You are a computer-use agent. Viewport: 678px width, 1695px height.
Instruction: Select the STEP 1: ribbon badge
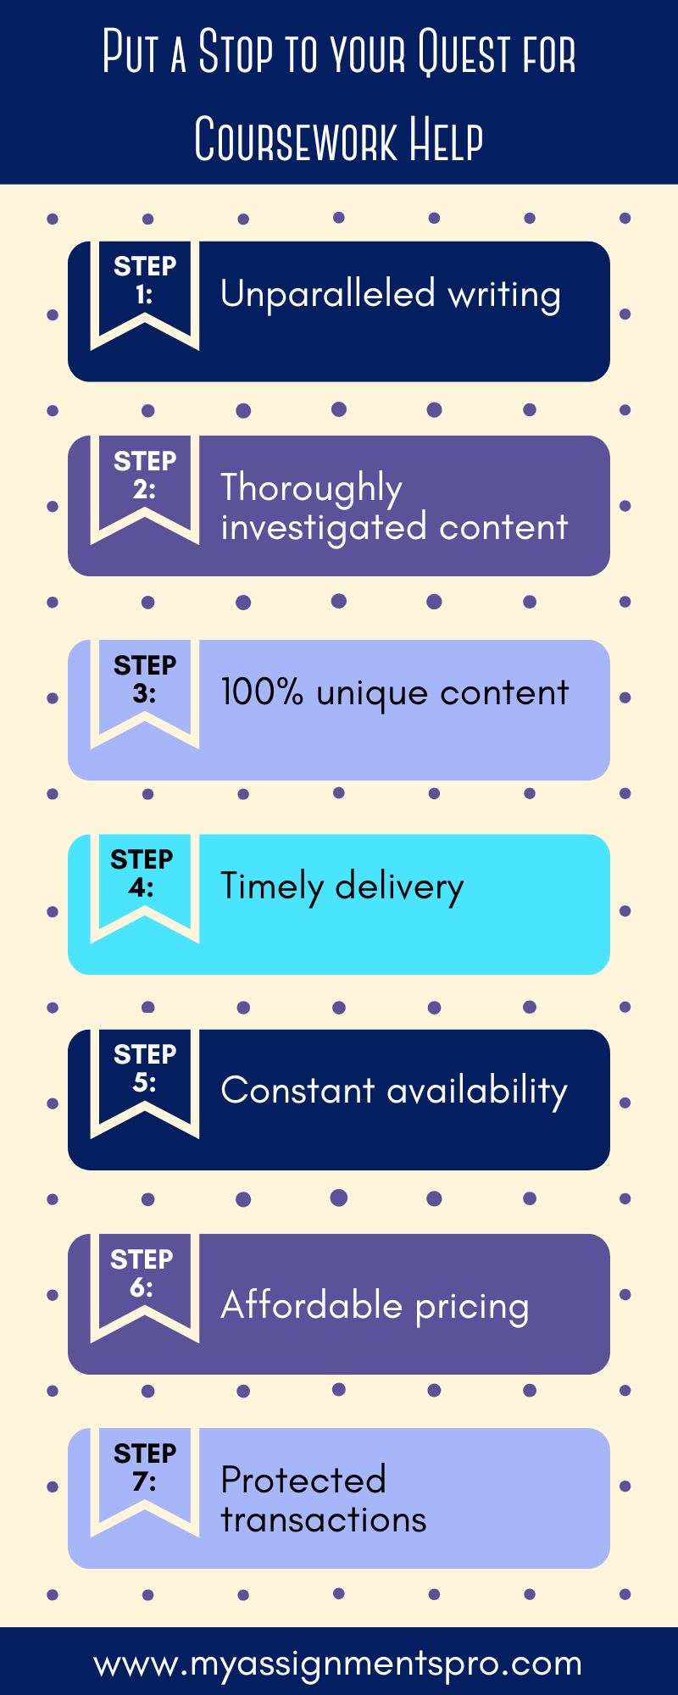click(x=145, y=288)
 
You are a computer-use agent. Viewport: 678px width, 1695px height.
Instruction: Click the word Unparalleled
click(x=327, y=294)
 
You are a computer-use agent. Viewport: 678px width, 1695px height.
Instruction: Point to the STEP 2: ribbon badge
click(x=145, y=483)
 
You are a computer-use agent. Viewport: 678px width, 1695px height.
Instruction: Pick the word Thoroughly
click(x=311, y=488)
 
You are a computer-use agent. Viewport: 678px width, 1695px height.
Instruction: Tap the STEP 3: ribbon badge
click(x=145, y=687)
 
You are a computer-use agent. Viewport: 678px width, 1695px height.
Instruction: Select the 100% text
click(x=262, y=692)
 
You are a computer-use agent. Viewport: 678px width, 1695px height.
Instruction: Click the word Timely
click(x=272, y=887)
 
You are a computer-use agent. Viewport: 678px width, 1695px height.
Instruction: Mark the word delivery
click(x=399, y=886)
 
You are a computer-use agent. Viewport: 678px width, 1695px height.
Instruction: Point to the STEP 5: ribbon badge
click(x=145, y=1076)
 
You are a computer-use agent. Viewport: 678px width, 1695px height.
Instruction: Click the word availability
click(x=477, y=1091)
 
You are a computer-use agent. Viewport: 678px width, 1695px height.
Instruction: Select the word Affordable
click(x=311, y=1304)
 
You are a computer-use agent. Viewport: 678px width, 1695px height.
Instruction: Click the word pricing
click(x=472, y=1307)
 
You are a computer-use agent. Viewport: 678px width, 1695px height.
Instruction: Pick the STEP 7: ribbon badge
click(x=145, y=1475)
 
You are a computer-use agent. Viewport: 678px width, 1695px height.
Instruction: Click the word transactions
click(x=323, y=1520)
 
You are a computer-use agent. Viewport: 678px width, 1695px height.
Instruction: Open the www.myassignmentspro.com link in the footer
click(x=338, y=1663)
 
